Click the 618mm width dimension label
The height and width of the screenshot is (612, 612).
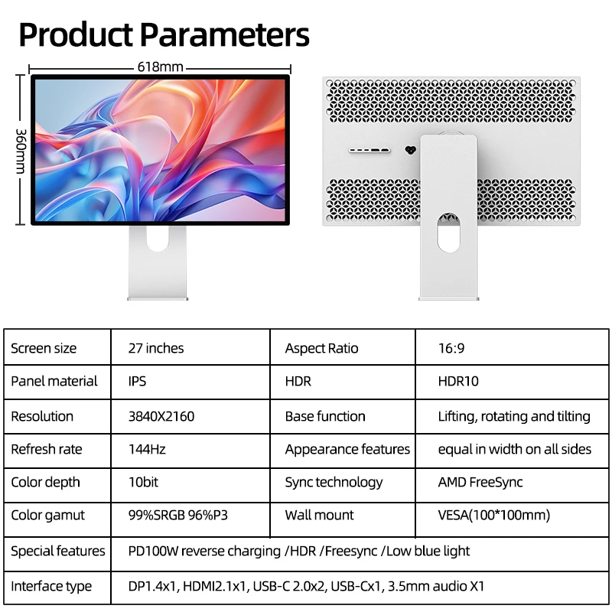160,67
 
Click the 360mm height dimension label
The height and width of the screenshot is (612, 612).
21,150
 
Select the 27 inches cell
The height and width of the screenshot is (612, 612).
156,348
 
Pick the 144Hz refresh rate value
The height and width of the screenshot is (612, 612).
147,449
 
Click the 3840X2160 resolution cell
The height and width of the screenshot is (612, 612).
161,416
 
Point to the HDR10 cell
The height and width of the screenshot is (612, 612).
458,381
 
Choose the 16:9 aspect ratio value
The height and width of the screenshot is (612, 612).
451,348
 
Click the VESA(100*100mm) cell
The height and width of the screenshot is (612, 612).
493,515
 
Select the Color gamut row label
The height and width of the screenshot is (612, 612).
47,515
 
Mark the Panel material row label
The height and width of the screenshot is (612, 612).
54,381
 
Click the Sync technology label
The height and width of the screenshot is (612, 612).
334,482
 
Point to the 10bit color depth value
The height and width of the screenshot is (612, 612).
144,482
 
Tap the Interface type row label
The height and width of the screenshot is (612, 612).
51,587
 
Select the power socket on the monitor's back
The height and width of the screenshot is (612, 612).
410,150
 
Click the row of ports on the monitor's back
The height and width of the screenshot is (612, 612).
369,150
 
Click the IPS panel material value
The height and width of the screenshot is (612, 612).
138,381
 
